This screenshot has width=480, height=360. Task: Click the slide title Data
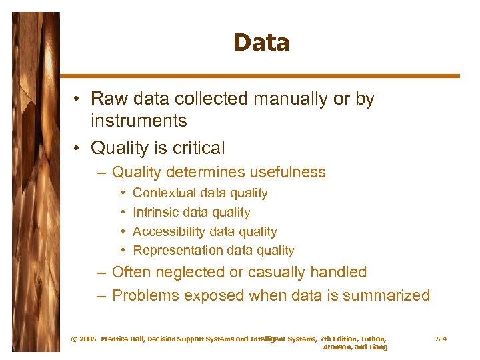coord(261,43)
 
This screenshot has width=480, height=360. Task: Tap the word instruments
coord(139,121)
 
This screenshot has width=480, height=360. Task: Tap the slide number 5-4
coord(441,339)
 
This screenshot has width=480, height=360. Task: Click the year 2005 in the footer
coord(87,339)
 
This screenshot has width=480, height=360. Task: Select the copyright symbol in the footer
coord(73,339)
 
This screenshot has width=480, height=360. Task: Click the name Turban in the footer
coord(371,339)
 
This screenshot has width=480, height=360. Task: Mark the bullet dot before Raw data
coord(78,100)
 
